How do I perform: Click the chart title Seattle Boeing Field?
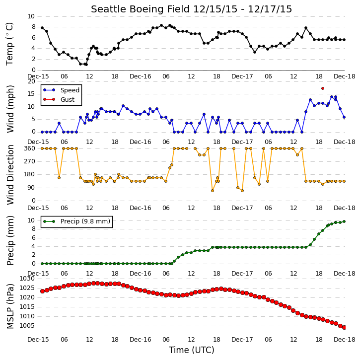[141, 9]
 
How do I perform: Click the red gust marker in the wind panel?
[323, 88]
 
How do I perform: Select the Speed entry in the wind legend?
[61, 90]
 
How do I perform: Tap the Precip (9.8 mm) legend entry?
[76, 221]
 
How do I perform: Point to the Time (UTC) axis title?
[192, 350]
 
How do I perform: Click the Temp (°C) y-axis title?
[9, 44]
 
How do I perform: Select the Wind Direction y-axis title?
[10, 175]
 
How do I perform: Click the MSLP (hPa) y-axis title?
[10, 306]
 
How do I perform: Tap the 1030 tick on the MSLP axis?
[28, 279]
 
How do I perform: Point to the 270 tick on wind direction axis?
[30, 161]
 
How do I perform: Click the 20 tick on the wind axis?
[31, 81]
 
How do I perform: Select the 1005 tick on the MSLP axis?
[28, 326]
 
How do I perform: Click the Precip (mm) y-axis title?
[10, 241]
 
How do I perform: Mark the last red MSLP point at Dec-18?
[344, 327]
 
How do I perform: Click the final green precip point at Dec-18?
[344, 221]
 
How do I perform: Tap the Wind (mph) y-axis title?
[10, 109]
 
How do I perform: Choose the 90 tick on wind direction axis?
[31, 188]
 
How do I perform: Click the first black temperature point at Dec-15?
[42, 28]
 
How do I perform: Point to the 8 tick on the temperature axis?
[34, 27]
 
